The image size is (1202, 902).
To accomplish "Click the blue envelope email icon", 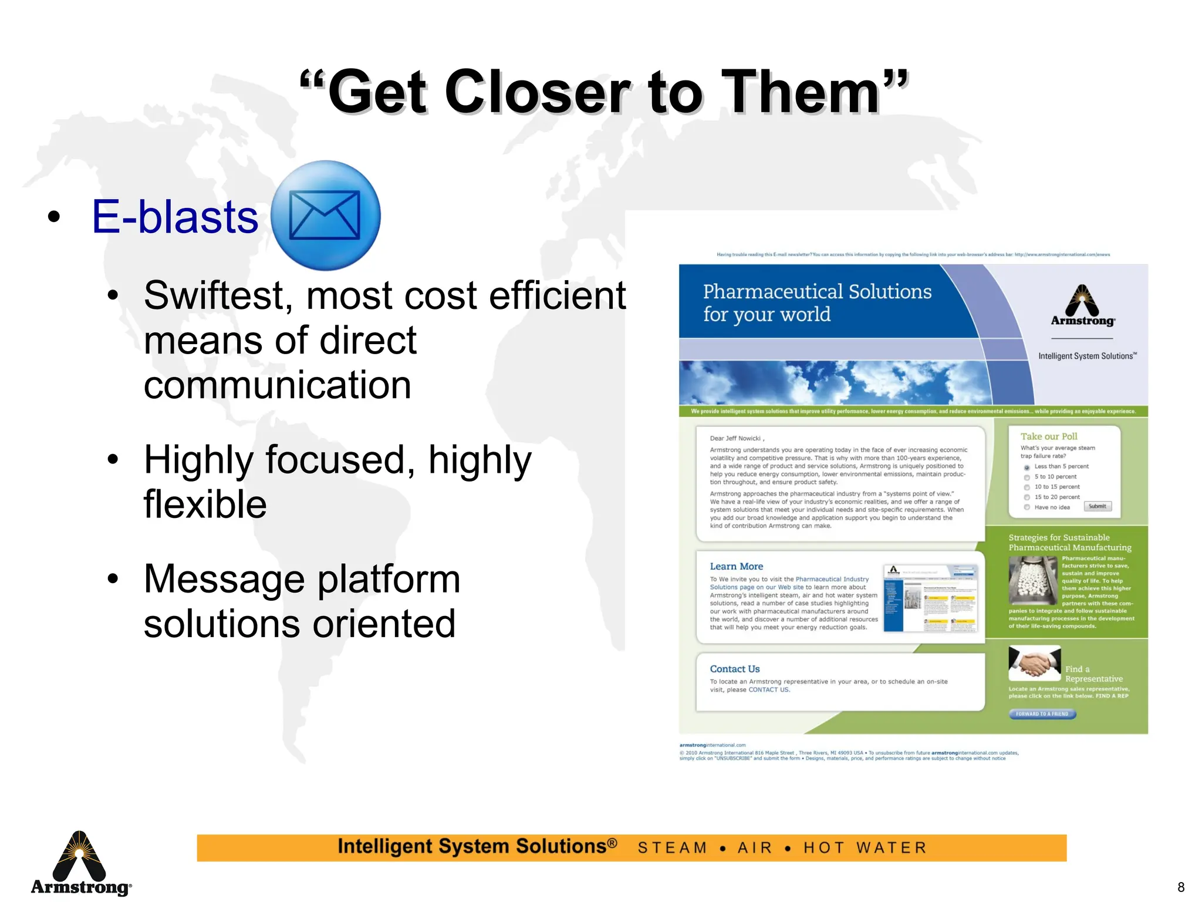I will click(x=325, y=216).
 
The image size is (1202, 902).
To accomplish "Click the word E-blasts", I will click(x=174, y=217).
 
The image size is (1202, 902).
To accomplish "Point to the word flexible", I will click(x=205, y=504).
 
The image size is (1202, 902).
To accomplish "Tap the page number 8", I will click(x=1181, y=887).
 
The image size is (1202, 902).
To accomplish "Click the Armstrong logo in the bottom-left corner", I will click(x=80, y=863).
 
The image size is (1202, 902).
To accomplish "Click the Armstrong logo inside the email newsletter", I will click(x=1082, y=306).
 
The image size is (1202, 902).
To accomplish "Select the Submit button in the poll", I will click(x=1097, y=506).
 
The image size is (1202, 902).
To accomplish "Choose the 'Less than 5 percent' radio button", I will click(x=1027, y=467).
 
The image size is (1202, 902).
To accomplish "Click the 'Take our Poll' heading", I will click(x=1049, y=436).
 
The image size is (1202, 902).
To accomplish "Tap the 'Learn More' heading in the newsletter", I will click(x=736, y=567).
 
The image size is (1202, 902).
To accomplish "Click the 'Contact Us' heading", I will click(x=734, y=669).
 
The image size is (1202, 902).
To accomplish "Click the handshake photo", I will click(x=1034, y=662).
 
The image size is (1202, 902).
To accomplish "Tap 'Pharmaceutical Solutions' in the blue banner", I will click(x=817, y=292).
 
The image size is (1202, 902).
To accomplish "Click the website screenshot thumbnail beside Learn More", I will click(x=931, y=598).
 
